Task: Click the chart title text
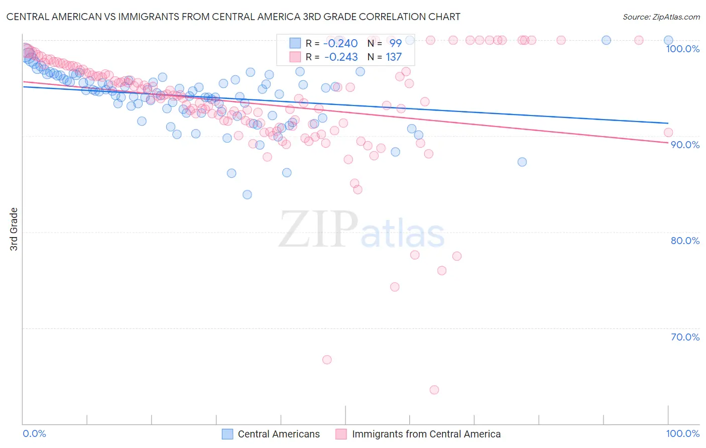click(233, 17)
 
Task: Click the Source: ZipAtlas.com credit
click(661, 17)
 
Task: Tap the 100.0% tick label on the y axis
click(682, 49)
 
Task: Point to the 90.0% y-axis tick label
click(685, 145)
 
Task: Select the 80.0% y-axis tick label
click(685, 241)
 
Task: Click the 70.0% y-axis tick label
click(685, 337)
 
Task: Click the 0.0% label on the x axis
click(34, 433)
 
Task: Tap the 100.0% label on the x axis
click(682, 433)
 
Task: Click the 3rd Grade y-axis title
click(14, 229)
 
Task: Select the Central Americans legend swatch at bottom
click(227, 434)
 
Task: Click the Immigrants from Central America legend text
click(426, 434)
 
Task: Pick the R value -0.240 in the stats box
click(341, 43)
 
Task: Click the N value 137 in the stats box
click(394, 57)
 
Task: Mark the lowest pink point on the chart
click(434, 390)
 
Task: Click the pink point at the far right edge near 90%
click(668, 133)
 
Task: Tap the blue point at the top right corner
click(668, 40)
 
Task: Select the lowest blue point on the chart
click(247, 194)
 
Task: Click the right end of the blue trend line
click(668, 123)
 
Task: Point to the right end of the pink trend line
click(668, 143)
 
